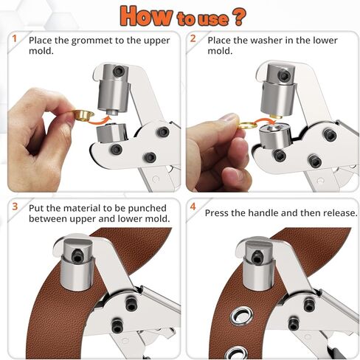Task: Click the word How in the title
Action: pos(145,15)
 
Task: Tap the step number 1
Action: pos(15,38)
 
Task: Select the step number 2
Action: pos(193,38)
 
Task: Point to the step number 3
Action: pos(15,207)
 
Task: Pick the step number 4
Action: pos(193,207)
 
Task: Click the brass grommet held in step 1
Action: pos(83,115)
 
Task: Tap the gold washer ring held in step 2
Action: pos(247,125)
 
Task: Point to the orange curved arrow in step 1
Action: pos(98,120)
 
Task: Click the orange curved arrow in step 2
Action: pos(265,120)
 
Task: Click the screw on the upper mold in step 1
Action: pos(119,72)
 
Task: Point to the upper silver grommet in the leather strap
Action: pos(242,316)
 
